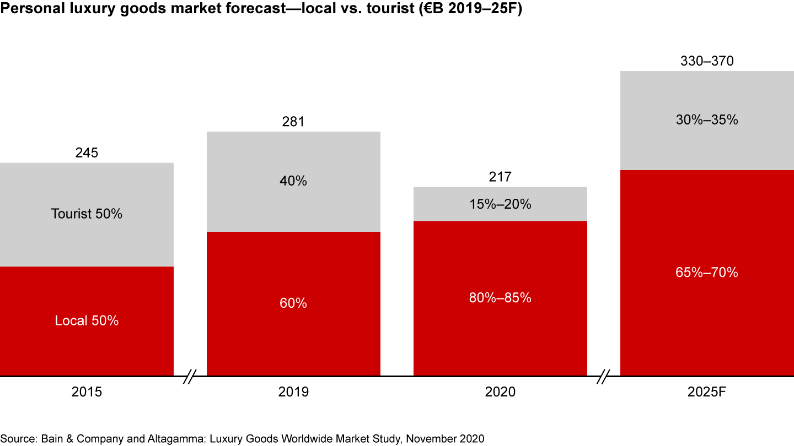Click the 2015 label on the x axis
[87, 392]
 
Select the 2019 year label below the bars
[293, 392]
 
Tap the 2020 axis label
[500, 392]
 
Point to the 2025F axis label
[707, 392]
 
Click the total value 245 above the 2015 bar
[87, 153]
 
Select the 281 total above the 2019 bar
[293, 122]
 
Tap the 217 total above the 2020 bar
[500, 177]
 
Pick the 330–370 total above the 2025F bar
[707, 61]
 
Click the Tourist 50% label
[87, 214]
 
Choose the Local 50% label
[87, 320]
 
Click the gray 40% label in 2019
[293, 181]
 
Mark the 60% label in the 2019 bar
[293, 303]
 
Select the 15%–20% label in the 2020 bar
[500, 204]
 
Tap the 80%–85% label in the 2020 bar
[500, 298]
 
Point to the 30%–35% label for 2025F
[707, 119]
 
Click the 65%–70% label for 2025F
[707, 272]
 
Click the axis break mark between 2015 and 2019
[190, 377]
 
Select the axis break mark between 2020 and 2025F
[604, 377]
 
